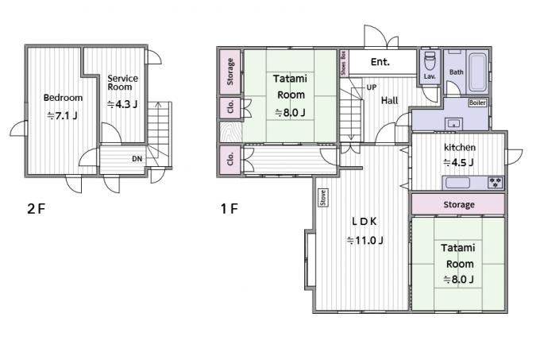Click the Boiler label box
pos(477,103)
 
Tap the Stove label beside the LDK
pos(323,198)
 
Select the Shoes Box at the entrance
pos(343,63)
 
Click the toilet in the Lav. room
pos(430,61)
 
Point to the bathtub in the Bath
pos(478,72)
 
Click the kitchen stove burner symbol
pos(496,183)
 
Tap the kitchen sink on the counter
pos(457,183)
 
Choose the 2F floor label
pos(37,208)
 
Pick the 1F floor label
pos(229,208)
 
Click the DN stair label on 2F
pos(137,159)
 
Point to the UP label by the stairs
pos(372,87)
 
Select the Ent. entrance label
pos(380,62)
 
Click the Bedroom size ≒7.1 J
pos(62,116)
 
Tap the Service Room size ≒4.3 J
pos(122,104)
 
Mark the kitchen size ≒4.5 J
pos(458,162)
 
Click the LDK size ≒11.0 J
pos(364,240)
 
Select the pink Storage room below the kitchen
pos(458,204)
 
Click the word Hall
pos(389,101)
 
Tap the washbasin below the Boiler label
pos(454,123)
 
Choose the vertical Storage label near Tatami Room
pos(230,72)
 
